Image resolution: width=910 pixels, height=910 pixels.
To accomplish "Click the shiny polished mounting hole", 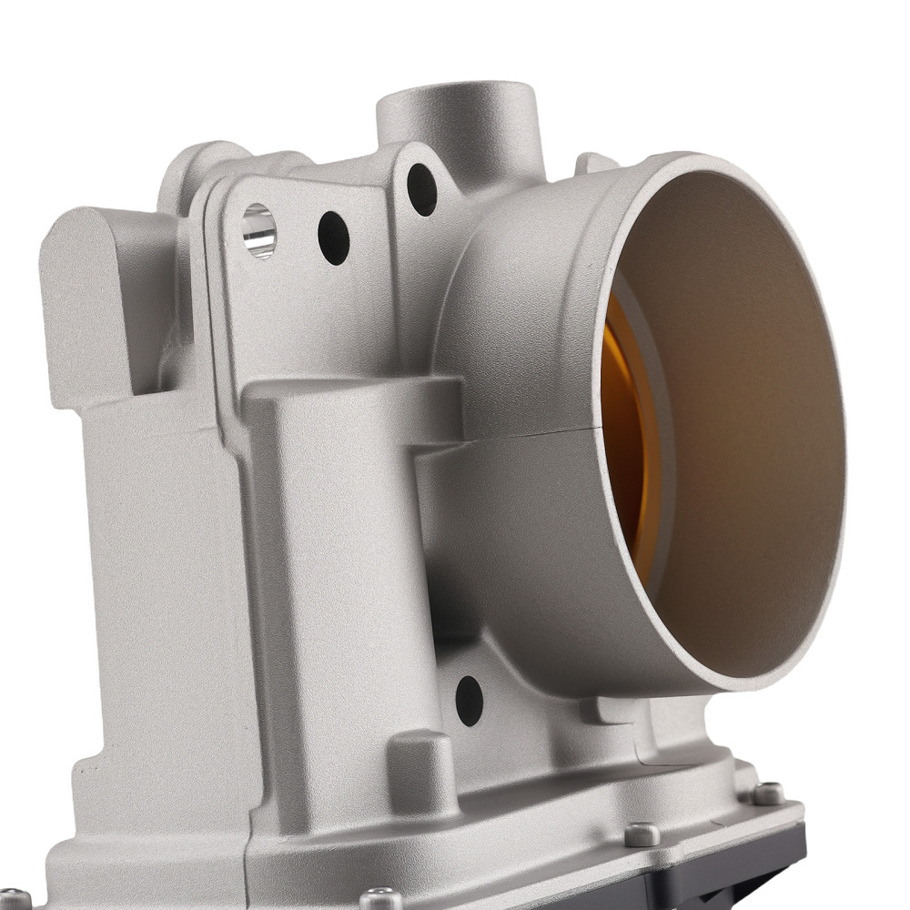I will (x=259, y=230).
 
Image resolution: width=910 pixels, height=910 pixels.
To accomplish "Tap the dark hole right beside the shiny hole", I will (x=333, y=238).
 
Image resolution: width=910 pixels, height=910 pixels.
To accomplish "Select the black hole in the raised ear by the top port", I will (x=421, y=188).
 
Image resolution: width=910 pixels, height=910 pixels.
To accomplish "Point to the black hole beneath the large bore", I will (x=469, y=701).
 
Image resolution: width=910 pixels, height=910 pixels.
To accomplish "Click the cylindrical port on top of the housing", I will (x=460, y=118).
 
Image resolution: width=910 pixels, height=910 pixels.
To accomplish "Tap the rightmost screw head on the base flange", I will (x=767, y=794).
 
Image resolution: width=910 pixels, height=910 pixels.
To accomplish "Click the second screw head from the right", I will (x=643, y=834).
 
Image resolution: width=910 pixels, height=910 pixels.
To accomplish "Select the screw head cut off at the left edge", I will (x=11, y=899).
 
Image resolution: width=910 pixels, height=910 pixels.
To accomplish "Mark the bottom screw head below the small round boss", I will (x=380, y=899).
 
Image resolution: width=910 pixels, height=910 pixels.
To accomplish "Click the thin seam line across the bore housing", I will (x=510, y=435).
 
